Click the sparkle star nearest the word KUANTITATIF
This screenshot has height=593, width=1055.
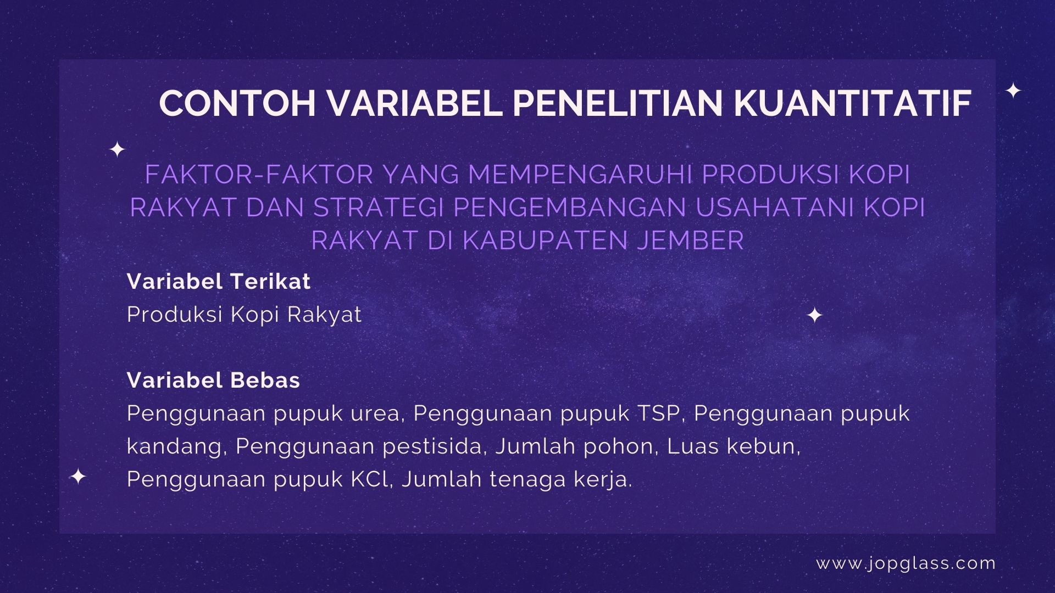1013,91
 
